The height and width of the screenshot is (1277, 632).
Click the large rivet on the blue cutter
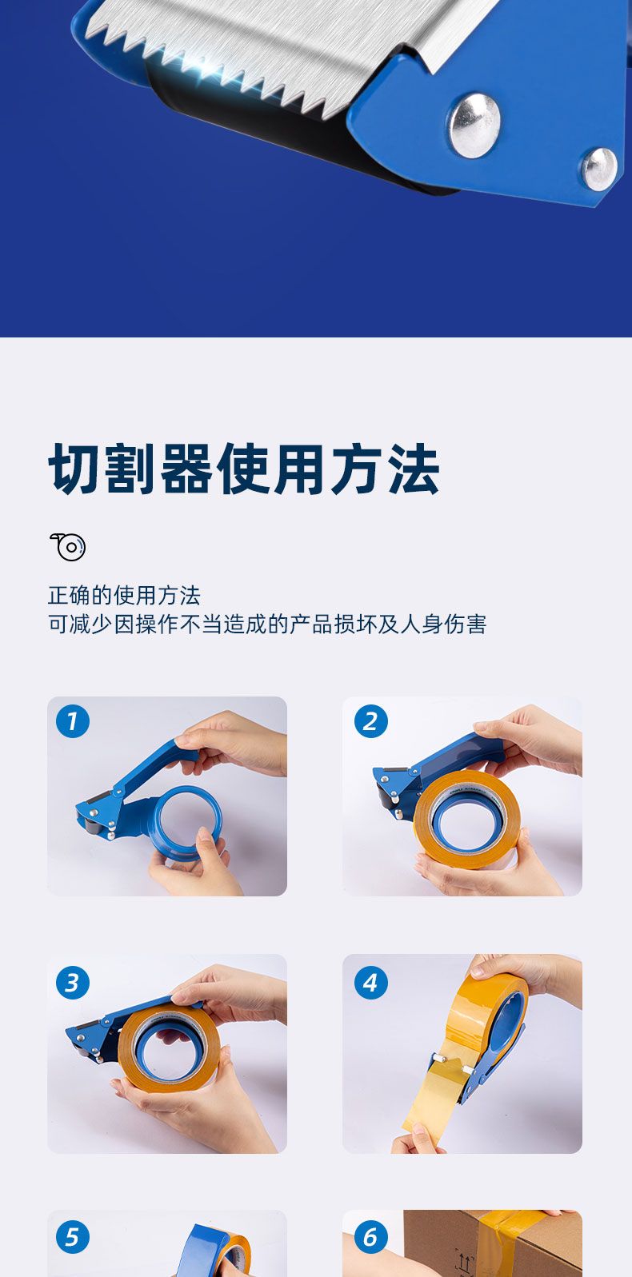(x=474, y=126)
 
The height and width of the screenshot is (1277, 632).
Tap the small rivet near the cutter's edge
(x=599, y=169)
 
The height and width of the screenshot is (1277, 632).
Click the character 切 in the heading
(x=75, y=469)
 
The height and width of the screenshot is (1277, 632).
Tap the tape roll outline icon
(x=68, y=547)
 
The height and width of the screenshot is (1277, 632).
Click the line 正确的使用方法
(x=124, y=595)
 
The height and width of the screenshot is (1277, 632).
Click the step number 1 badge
(x=73, y=721)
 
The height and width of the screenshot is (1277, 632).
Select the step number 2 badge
(x=370, y=721)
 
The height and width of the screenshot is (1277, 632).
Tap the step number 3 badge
(x=73, y=982)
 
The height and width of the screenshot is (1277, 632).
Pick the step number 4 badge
(x=370, y=982)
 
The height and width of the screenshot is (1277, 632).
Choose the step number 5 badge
(x=73, y=1237)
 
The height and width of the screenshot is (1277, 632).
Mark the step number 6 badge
(x=370, y=1237)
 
